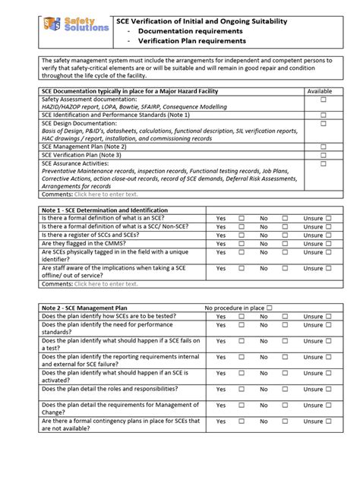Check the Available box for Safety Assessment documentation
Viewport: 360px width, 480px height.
point(323,99)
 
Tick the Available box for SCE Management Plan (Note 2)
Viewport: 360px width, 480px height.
point(323,147)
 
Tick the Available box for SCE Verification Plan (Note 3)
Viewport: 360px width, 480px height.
point(323,155)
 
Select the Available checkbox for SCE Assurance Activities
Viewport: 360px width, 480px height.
point(323,163)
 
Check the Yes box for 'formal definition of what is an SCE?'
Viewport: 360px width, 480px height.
point(242,218)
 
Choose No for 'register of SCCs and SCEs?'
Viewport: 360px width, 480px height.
point(285,235)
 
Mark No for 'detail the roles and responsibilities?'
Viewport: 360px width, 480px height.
point(285,389)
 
